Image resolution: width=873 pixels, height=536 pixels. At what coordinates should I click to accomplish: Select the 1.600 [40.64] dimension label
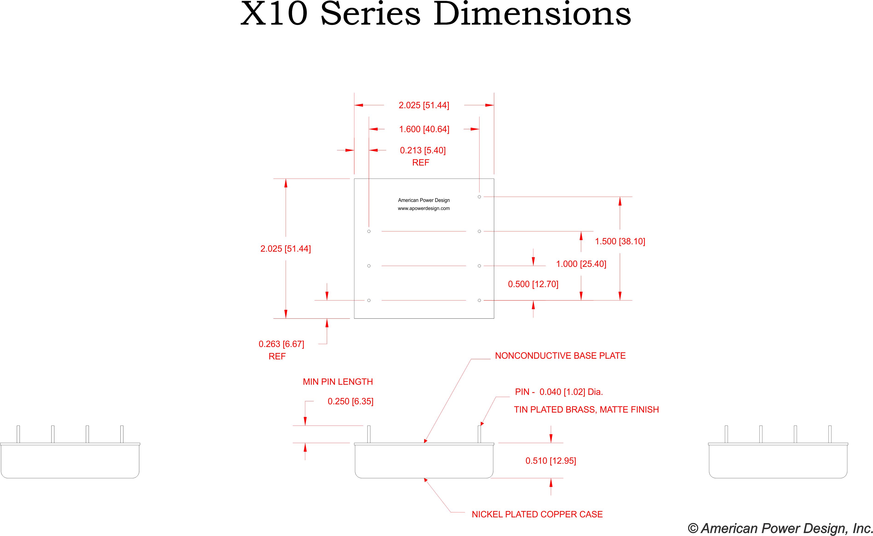pyautogui.click(x=424, y=129)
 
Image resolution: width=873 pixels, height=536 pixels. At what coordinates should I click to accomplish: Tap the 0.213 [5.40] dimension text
pyautogui.click(x=423, y=150)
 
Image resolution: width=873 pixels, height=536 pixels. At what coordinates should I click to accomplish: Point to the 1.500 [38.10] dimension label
pyautogui.click(x=620, y=242)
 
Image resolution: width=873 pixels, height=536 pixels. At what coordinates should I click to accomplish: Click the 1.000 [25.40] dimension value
pyautogui.click(x=581, y=264)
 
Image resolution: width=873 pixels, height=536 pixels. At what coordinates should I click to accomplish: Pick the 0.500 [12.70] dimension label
pyautogui.click(x=533, y=284)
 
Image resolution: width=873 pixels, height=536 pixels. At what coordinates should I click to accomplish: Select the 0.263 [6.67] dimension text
pyautogui.click(x=281, y=344)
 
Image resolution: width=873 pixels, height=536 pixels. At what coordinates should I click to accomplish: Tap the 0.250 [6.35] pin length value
pyautogui.click(x=350, y=401)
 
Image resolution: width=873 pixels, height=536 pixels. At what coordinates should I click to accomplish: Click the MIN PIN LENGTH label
pyautogui.click(x=338, y=382)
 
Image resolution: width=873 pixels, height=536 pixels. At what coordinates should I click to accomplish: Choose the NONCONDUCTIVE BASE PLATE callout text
pyautogui.click(x=560, y=355)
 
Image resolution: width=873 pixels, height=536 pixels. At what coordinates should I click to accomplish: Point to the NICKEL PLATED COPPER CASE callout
pyautogui.click(x=537, y=514)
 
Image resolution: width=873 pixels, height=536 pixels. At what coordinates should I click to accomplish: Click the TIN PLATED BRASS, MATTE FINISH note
pyautogui.click(x=586, y=409)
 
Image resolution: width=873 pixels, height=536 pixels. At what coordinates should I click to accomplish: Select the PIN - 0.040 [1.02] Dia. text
pyautogui.click(x=559, y=392)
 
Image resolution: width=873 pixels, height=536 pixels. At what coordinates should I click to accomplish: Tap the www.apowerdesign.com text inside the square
pyautogui.click(x=424, y=208)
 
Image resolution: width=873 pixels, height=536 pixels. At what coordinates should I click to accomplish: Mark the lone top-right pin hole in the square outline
pyautogui.click(x=479, y=197)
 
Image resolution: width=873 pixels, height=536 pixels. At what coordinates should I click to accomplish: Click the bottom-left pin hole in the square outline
pyautogui.click(x=369, y=300)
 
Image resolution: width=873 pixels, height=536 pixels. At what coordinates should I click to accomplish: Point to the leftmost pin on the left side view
pyautogui.click(x=18, y=434)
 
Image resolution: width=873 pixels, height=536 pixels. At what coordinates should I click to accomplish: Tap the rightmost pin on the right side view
pyautogui.click(x=830, y=434)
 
